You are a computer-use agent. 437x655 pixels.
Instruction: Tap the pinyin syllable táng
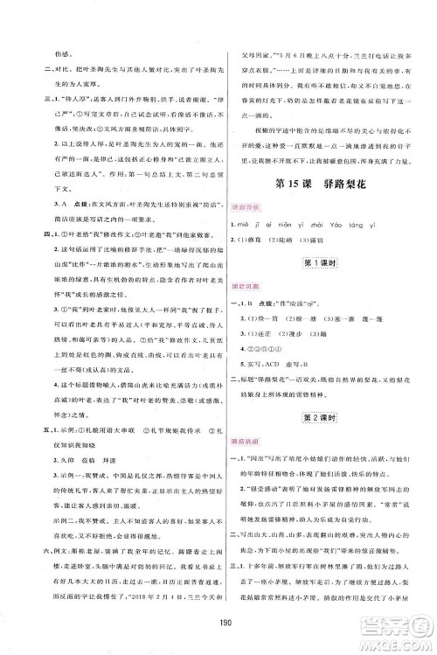click(x=365, y=223)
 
